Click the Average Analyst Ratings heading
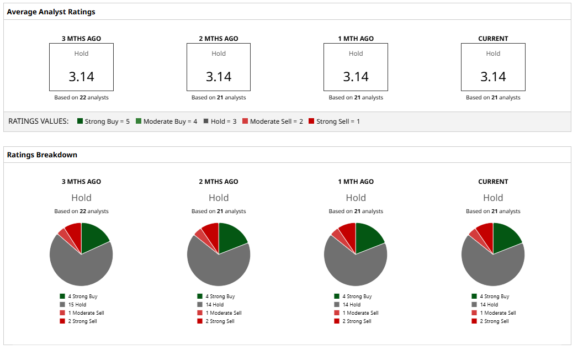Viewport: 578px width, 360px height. tap(51, 12)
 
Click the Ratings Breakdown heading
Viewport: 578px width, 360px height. tap(42, 155)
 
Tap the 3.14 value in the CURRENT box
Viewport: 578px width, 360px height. tap(493, 77)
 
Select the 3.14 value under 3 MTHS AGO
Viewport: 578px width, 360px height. tap(81, 77)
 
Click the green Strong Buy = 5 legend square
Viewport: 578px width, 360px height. tap(80, 121)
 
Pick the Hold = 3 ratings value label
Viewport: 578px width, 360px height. tap(224, 121)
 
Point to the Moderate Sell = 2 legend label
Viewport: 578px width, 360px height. tap(276, 121)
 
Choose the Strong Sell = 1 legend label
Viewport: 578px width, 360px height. tap(338, 121)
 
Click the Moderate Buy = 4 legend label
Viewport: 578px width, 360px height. tap(170, 121)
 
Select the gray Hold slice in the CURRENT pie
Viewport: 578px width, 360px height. tap(491, 268)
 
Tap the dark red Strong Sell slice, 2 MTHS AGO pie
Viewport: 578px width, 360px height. tap(211, 232)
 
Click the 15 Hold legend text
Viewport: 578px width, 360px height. tap(77, 304)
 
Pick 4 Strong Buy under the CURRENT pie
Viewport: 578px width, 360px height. tap(495, 297)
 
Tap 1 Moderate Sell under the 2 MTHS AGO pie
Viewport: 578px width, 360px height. tap(224, 313)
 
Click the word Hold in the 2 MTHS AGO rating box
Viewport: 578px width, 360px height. tap(219, 54)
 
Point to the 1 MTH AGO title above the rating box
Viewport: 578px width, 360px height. tap(356, 39)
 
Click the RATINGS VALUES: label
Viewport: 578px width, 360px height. tap(39, 121)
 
